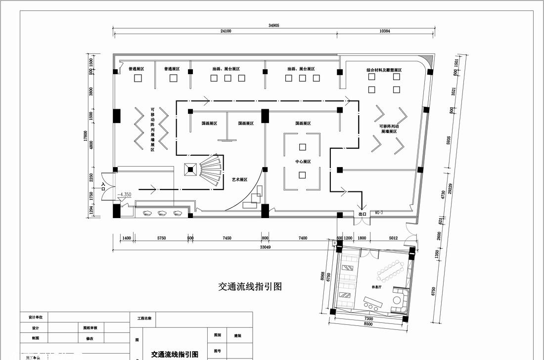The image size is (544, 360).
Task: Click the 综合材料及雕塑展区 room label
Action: tap(384, 70)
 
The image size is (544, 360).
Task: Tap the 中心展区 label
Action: tap(303, 162)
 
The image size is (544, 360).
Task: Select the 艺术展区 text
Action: tap(239, 180)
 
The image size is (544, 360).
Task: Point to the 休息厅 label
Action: tap(376, 287)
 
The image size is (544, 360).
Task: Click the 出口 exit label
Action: tap(362, 214)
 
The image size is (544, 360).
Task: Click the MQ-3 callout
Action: tap(380, 213)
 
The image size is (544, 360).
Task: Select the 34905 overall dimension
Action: tap(273, 25)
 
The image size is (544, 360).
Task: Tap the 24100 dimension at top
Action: tap(226, 31)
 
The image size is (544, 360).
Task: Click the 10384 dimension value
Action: tap(385, 31)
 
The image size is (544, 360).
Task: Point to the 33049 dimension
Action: tap(266, 247)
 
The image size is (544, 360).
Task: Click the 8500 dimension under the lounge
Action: tap(368, 325)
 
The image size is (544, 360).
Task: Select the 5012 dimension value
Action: tap(393, 238)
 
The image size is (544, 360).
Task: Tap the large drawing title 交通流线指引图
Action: tap(250, 286)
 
